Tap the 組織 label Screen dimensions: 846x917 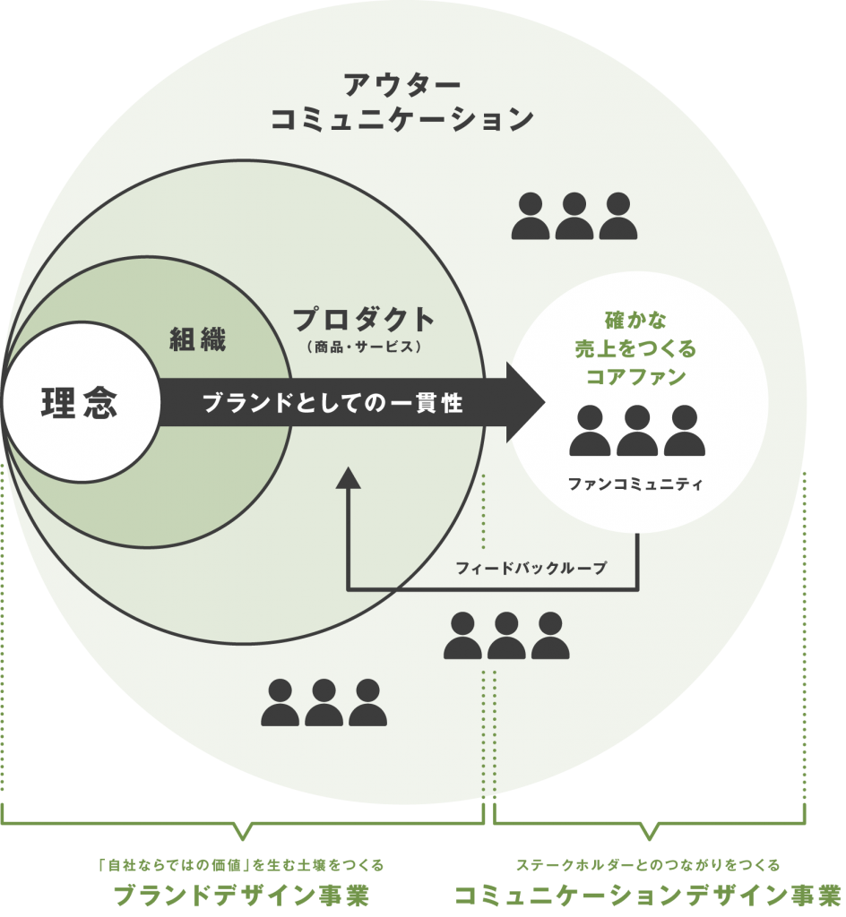click(x=198, y=339)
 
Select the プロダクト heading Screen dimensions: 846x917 click(x=363, y=320)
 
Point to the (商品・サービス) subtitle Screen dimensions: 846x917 click(x=363, y=347)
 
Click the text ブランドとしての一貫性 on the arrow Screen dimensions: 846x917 click(x=332, y=404)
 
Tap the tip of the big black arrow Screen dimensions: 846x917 click(x=545, y=402)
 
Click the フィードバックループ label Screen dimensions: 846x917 click(x=531, y=568)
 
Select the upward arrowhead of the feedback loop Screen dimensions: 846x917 click(x=348, y=478)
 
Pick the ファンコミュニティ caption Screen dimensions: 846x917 click(x=635, y=484)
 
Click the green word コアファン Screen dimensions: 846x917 click(x=636, y=377)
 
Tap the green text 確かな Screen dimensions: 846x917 click(x=635, y=321)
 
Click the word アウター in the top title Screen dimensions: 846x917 click(x=402, y=85)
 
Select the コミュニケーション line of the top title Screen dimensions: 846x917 click(x=402, y=119)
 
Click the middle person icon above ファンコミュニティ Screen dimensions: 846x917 click(x=637, y=431)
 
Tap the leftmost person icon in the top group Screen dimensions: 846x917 click(x=531, y=217)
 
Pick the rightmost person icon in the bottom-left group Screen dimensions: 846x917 click(x=368, y=703)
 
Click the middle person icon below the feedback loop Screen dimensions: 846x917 click(x=506, y=636)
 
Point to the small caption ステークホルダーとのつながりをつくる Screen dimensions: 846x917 click(x=648, y=865)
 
